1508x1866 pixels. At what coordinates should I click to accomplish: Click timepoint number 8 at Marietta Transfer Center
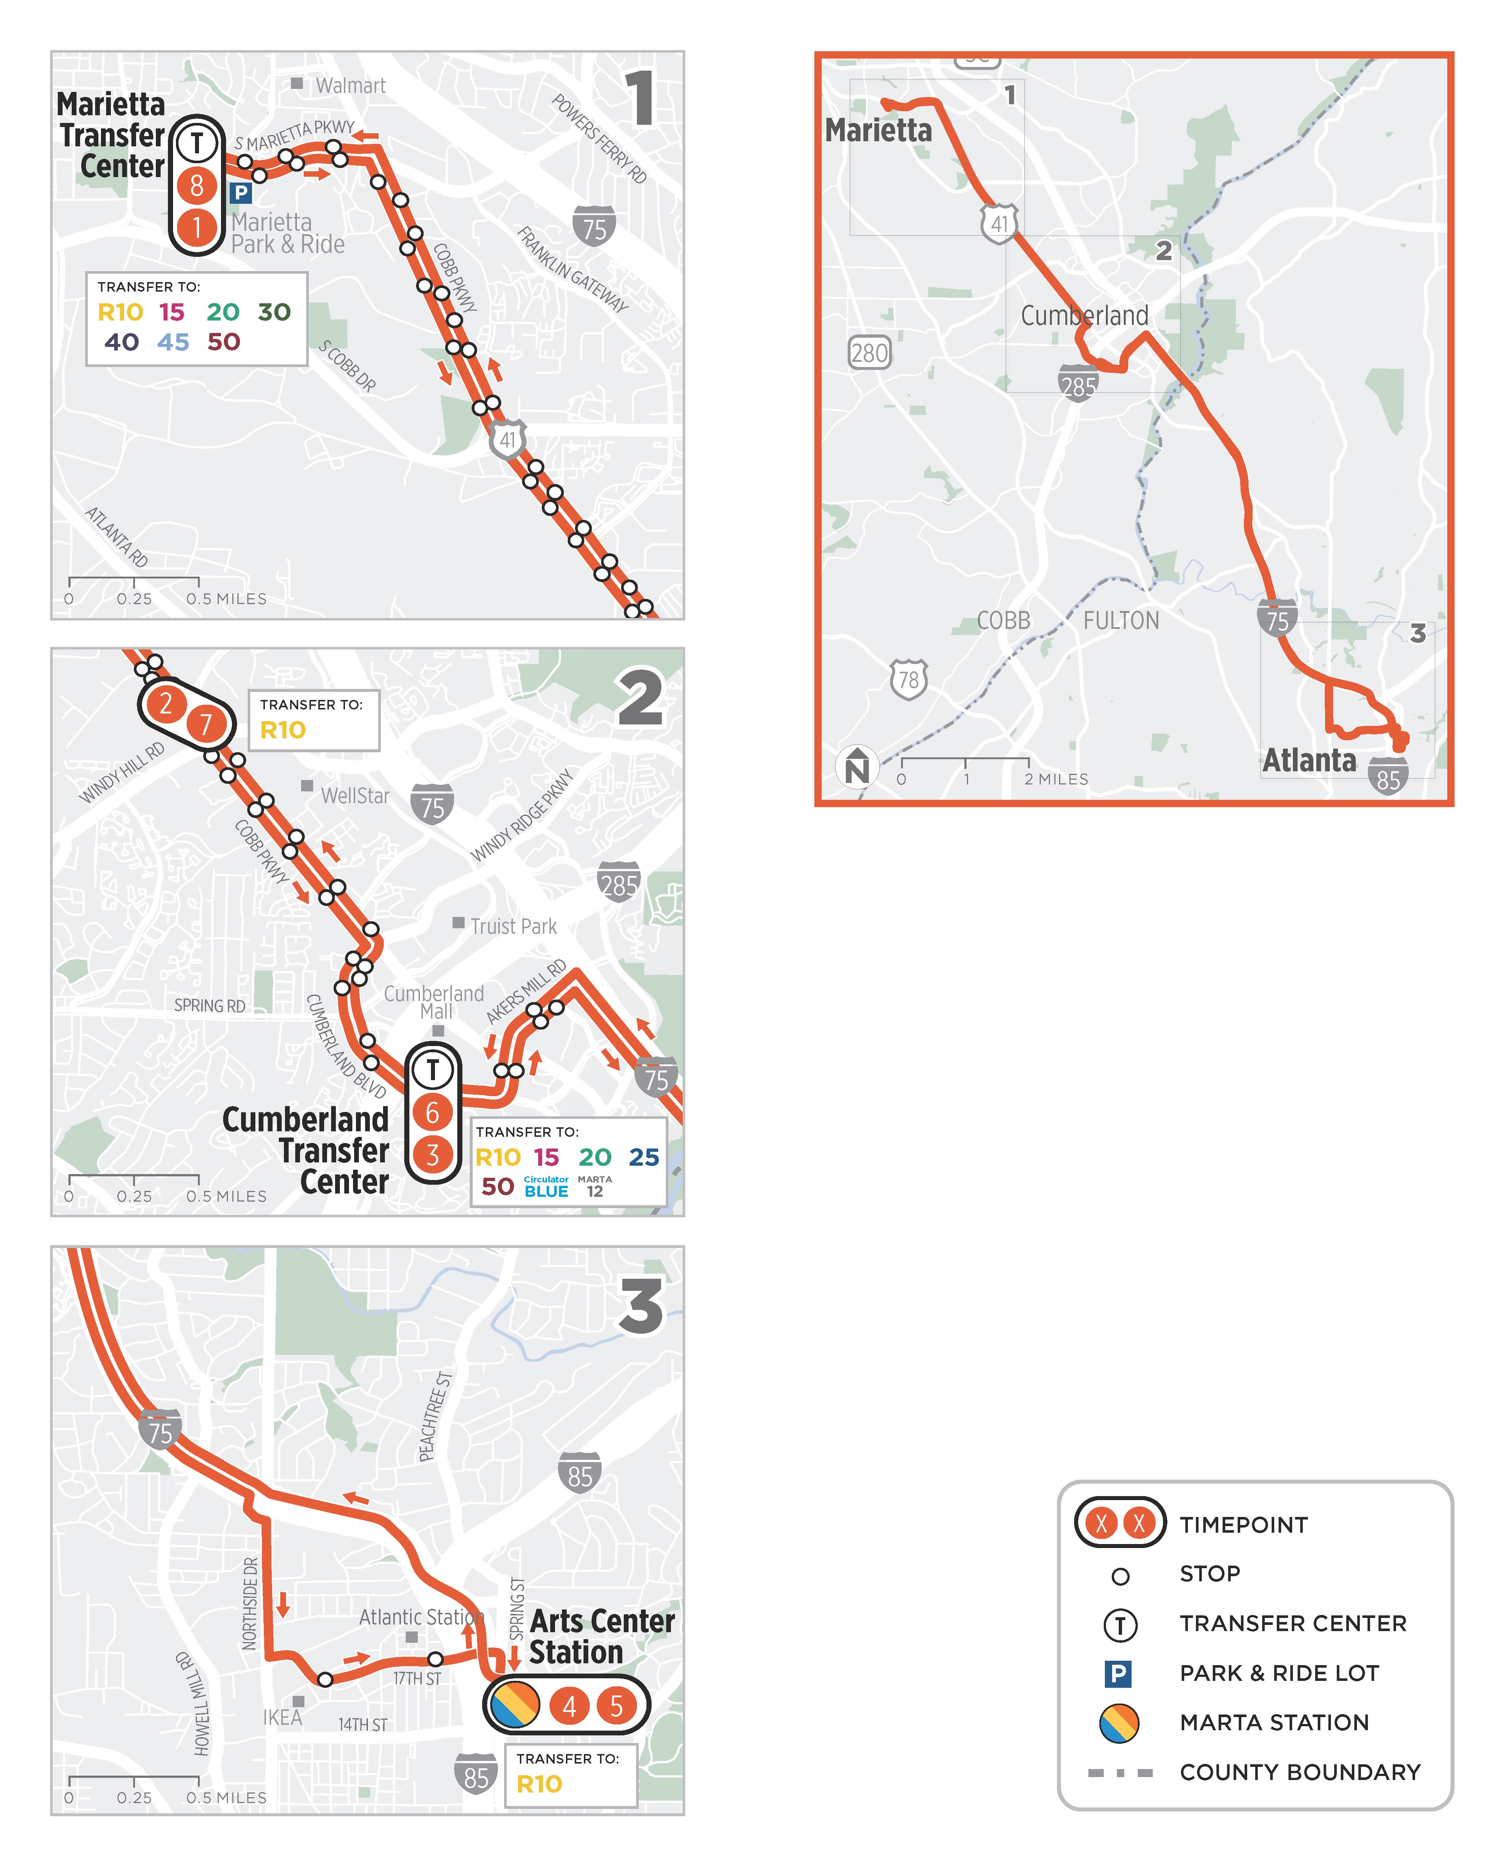tap(197, 185)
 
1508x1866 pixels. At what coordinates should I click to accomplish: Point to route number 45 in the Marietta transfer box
tap(173, 342)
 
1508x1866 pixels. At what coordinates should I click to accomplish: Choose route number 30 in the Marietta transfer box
tap(274, 312)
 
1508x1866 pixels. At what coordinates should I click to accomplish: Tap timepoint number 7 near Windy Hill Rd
tap(206, 724)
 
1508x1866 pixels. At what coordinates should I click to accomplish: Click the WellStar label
tap(355, 796)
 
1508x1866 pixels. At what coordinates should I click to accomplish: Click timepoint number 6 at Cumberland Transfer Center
tap(432, 1113)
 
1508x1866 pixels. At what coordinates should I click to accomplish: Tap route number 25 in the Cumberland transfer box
tap(644, 1157)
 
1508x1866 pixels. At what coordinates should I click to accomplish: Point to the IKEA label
tap(282, 1717)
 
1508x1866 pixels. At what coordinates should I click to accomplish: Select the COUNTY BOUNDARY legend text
tap(1299, 1772)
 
